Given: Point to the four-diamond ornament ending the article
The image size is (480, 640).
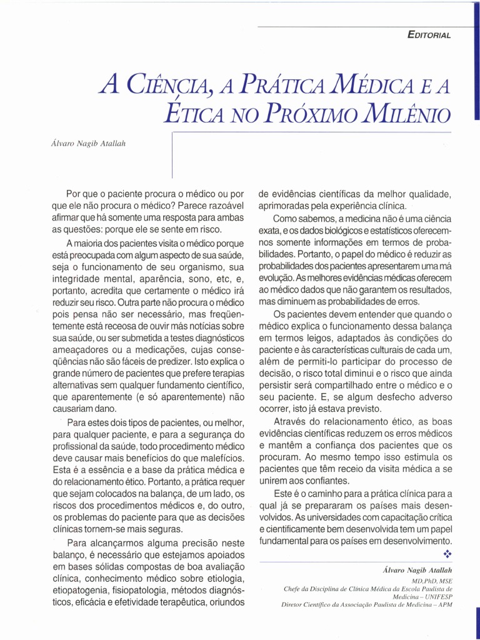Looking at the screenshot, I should (x=447, y=554).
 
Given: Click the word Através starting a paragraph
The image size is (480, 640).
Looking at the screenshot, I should (x=292, y=421).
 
